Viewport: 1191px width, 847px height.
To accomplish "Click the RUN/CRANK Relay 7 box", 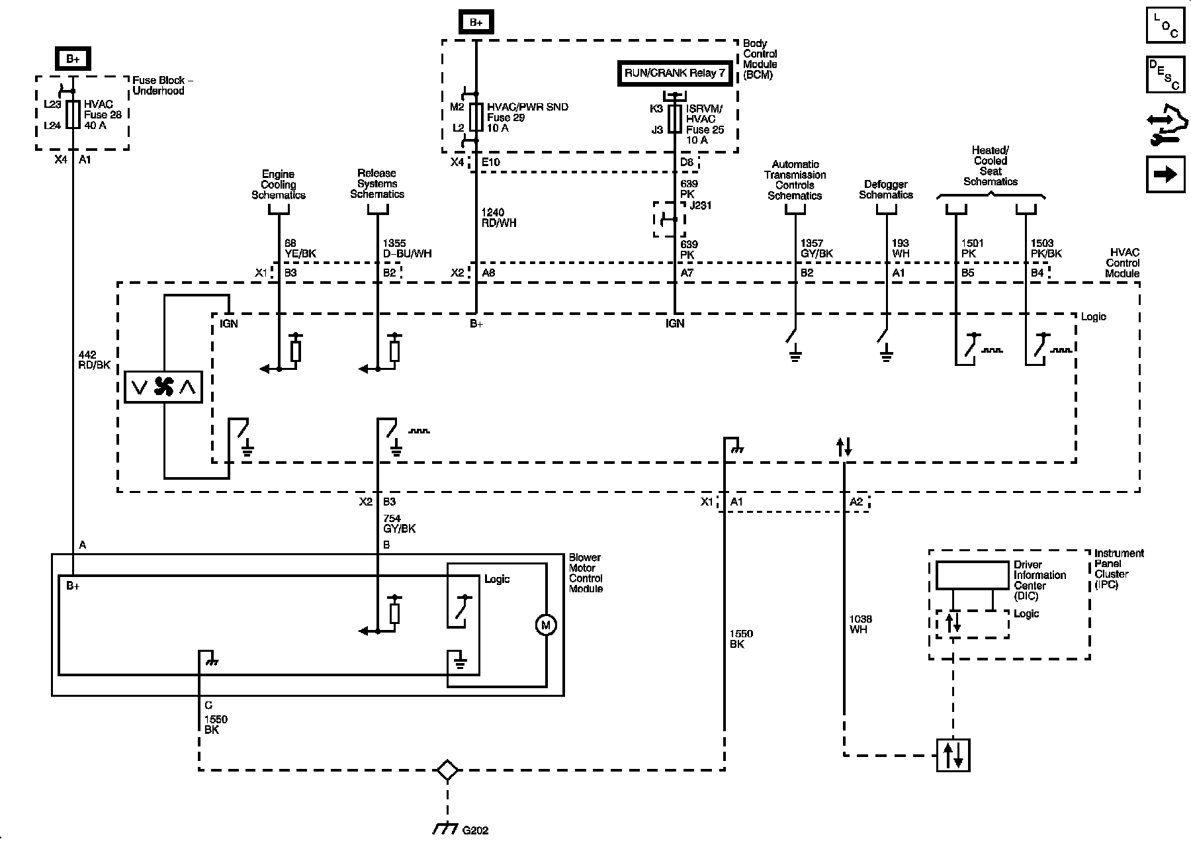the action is pyautogui.click(x=675, y=73).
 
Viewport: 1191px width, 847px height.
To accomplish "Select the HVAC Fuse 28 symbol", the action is pyautogui.click(x=73, y=114).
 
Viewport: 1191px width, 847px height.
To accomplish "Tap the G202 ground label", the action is pyautogui.click(x=475, y=830).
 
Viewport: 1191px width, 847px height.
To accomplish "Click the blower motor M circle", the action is pyautogui.click(x=546, y=625).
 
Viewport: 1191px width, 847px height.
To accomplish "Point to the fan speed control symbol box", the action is pyautogui.click(x=164, y=386).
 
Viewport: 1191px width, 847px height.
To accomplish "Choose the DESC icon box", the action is pyautogui.click(x=1166, y=75).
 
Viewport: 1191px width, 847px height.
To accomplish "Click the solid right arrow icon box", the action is pyautogui.click(x=1166, y=174).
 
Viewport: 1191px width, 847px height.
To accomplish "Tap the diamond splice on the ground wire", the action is pyautogui.click(x=447, y=770).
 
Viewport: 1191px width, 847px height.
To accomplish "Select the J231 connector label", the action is pyautogui.click(x=701, y=205).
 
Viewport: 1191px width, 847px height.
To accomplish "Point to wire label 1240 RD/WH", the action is pyautogui.click(x=499, y=218).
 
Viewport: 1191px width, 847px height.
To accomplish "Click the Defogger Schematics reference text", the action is pyautogui.click(x=886, y=190).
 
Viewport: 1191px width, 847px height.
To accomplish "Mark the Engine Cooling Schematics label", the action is pyautogui.click(x=279, y=185).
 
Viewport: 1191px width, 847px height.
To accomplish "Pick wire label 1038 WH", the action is pyautogui.click(x=860, y=624).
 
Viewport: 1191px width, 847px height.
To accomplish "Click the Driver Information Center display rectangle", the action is pyautogui.click(x=972, y=576).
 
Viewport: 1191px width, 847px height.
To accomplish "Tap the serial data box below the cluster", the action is pyautogui.click(x=953, y=755).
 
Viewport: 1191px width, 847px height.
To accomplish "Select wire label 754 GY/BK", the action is pyautogui.click(x=400, y=523).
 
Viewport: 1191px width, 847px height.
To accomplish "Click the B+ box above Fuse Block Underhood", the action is pyautogui.click(x=73, y=59).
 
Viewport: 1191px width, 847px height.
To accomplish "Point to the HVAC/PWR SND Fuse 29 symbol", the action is pyautogui.click(x=476, y=117).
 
